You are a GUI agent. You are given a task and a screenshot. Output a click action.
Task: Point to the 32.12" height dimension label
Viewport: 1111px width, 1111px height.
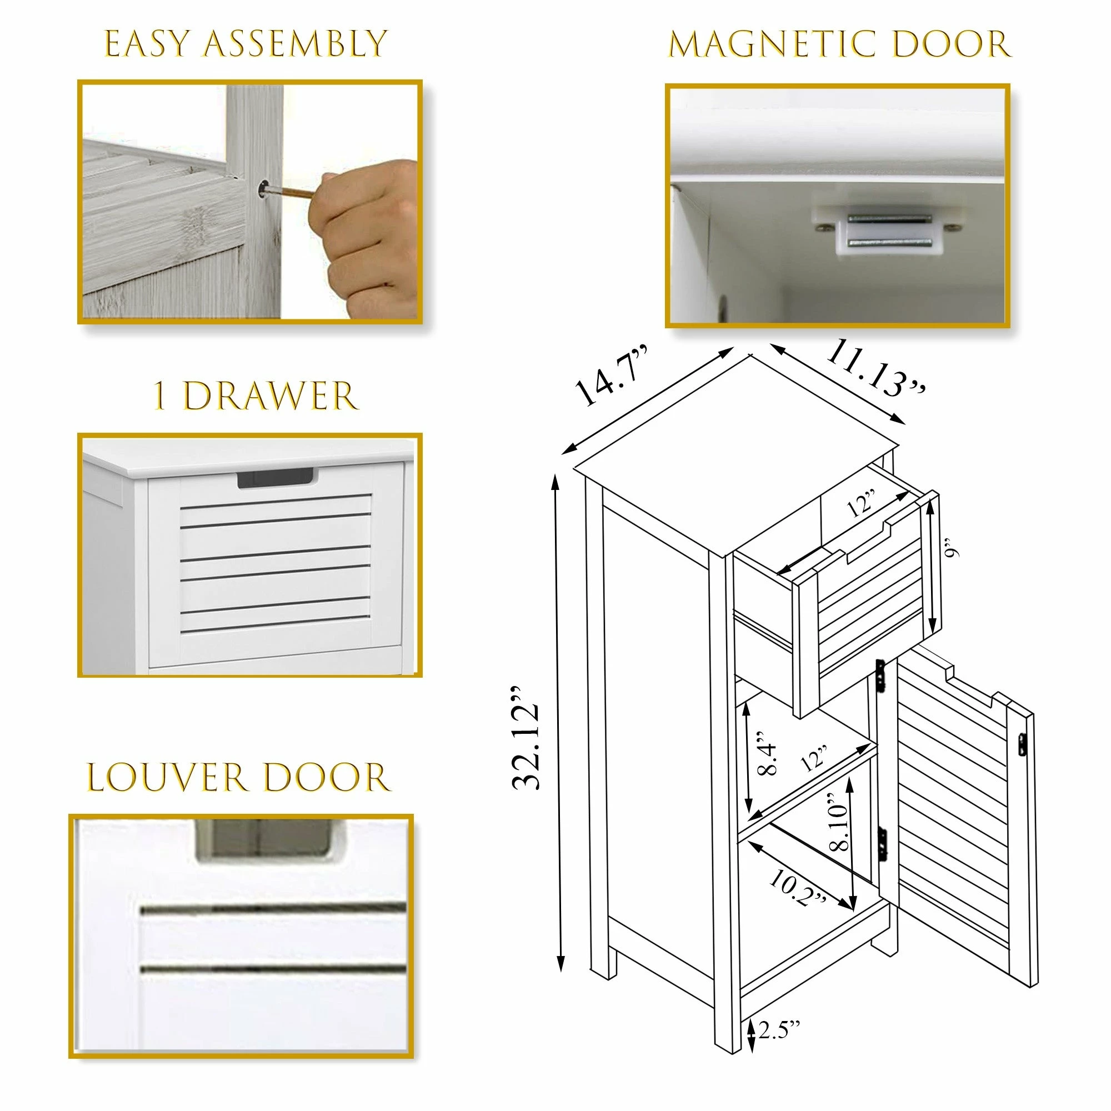pos(526,738)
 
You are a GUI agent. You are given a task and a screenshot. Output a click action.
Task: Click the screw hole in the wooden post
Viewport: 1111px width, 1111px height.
pos(263,189)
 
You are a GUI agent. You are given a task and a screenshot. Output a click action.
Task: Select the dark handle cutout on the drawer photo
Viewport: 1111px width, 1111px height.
pos(276,478)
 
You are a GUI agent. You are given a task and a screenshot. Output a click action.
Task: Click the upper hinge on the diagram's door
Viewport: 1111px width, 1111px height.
pos(880,675)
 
